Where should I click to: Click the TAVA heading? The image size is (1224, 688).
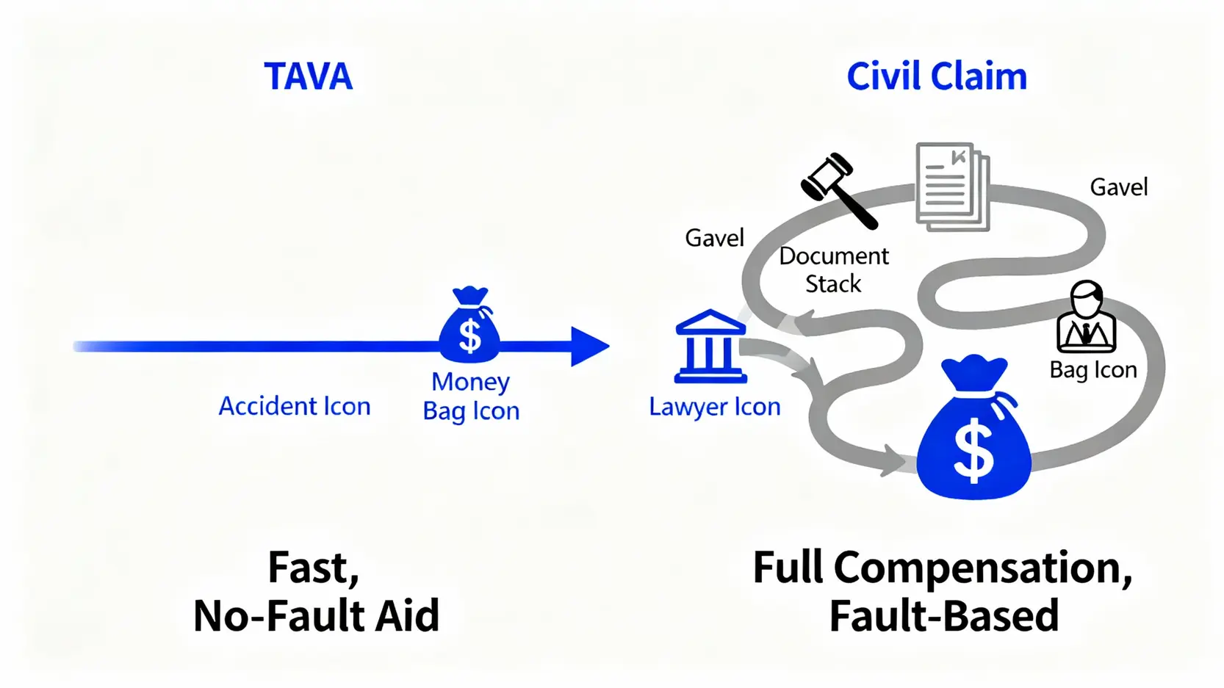[x=308, y=76]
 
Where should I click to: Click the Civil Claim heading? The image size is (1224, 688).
[x=936, y=76]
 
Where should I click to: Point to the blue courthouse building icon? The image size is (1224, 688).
[x=710, y=347]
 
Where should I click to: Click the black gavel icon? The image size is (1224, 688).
[x=838, y=189]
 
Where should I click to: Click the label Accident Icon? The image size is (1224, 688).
[x=295, y=406]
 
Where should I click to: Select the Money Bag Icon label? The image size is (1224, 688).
[x=471, y=396]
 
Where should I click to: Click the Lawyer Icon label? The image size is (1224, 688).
[x=714, y=407]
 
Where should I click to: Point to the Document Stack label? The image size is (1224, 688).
[x=833, y=269]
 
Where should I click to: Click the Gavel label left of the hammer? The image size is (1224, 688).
[x=714, y=238]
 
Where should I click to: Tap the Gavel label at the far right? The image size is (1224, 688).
[x=1118, y=187]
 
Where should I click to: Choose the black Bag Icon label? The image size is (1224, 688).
[x=1093, y=369]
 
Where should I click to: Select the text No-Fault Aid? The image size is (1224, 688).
[x=316, y=615]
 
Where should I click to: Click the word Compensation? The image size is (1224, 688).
[x=982, y=568]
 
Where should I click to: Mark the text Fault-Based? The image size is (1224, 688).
[x=944, y=615]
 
